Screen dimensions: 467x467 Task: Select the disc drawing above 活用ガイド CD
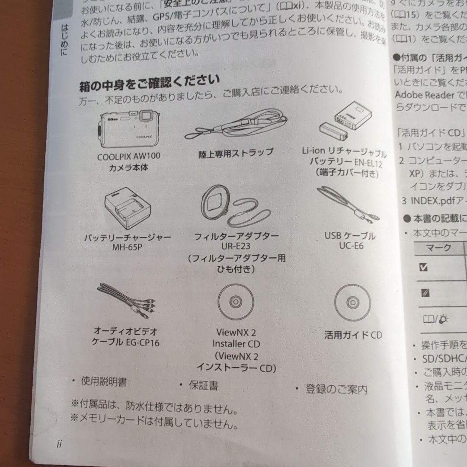pyautogui.click(x=352, y=302)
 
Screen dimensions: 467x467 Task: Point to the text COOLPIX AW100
pyautogui.click(x=126, y=157)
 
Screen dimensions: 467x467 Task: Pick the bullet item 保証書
pyautogui.click(x=203, y=385)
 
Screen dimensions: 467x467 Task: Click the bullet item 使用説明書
pyautogui.click(x=104, y=381)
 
